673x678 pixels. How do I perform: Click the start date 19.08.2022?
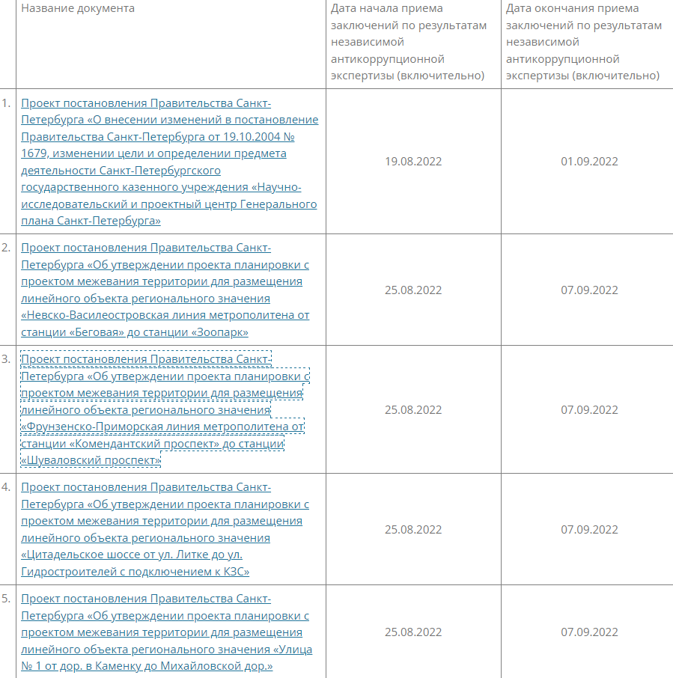(x=413, y=162)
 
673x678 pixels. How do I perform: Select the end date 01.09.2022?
(x=589, y=162)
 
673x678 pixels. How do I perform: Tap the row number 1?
(x=7, y=103)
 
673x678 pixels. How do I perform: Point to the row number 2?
(x=7, y=248)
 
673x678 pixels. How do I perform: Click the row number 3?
(x=7, y=358)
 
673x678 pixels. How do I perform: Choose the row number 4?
(x=7, y=487)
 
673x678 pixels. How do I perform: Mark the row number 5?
(x=7, y=599)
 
